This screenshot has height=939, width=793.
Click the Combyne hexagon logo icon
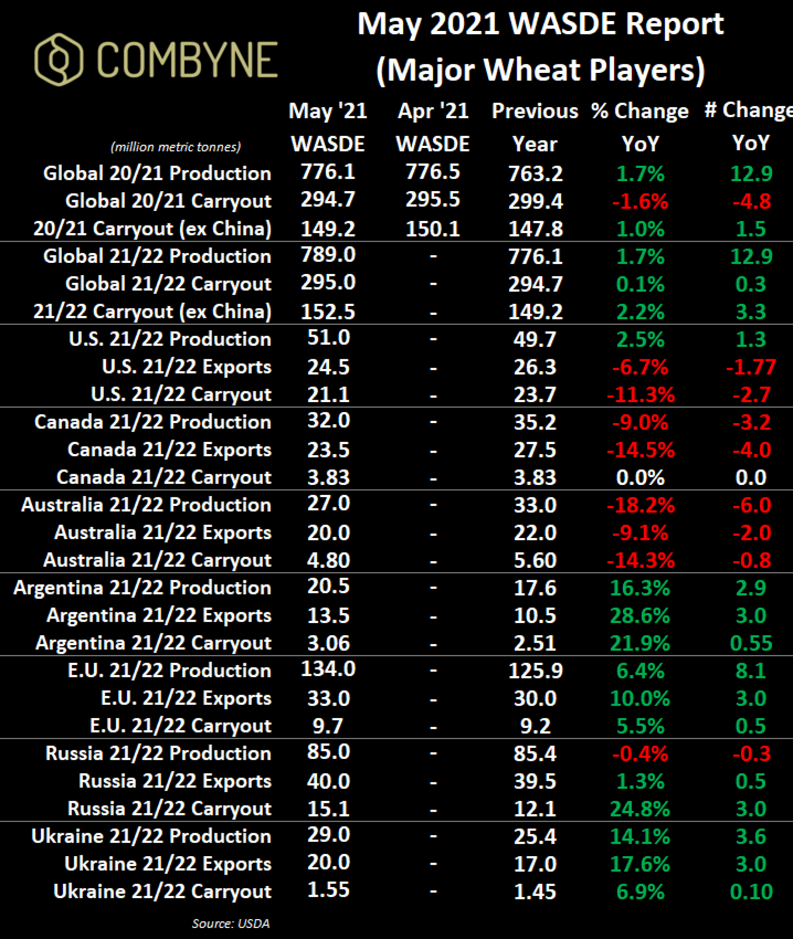point(58,59)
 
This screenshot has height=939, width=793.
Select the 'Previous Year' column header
point(534,127)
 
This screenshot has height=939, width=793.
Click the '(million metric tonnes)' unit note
point(176,147)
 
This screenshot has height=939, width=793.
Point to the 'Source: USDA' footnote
point(231,923)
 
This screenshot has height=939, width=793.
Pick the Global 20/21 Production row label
point(157,174)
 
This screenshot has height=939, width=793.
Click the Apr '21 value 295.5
point(433,199)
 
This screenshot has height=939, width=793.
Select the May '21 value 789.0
point(328,255)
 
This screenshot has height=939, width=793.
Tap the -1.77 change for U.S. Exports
point(751,367)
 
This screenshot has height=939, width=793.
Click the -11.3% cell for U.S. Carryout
point(641,395)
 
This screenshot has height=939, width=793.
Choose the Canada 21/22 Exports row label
point(169,450)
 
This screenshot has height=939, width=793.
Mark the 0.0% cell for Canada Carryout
point(640,477)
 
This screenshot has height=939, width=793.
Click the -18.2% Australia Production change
point(641,505)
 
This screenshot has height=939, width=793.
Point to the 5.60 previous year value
point(535,560)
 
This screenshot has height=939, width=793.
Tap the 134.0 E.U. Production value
point(328,669)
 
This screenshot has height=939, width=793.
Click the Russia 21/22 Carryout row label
point(169,809)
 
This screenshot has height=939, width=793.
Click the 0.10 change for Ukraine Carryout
point(751,891)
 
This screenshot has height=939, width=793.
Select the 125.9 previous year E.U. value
point(535,671)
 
